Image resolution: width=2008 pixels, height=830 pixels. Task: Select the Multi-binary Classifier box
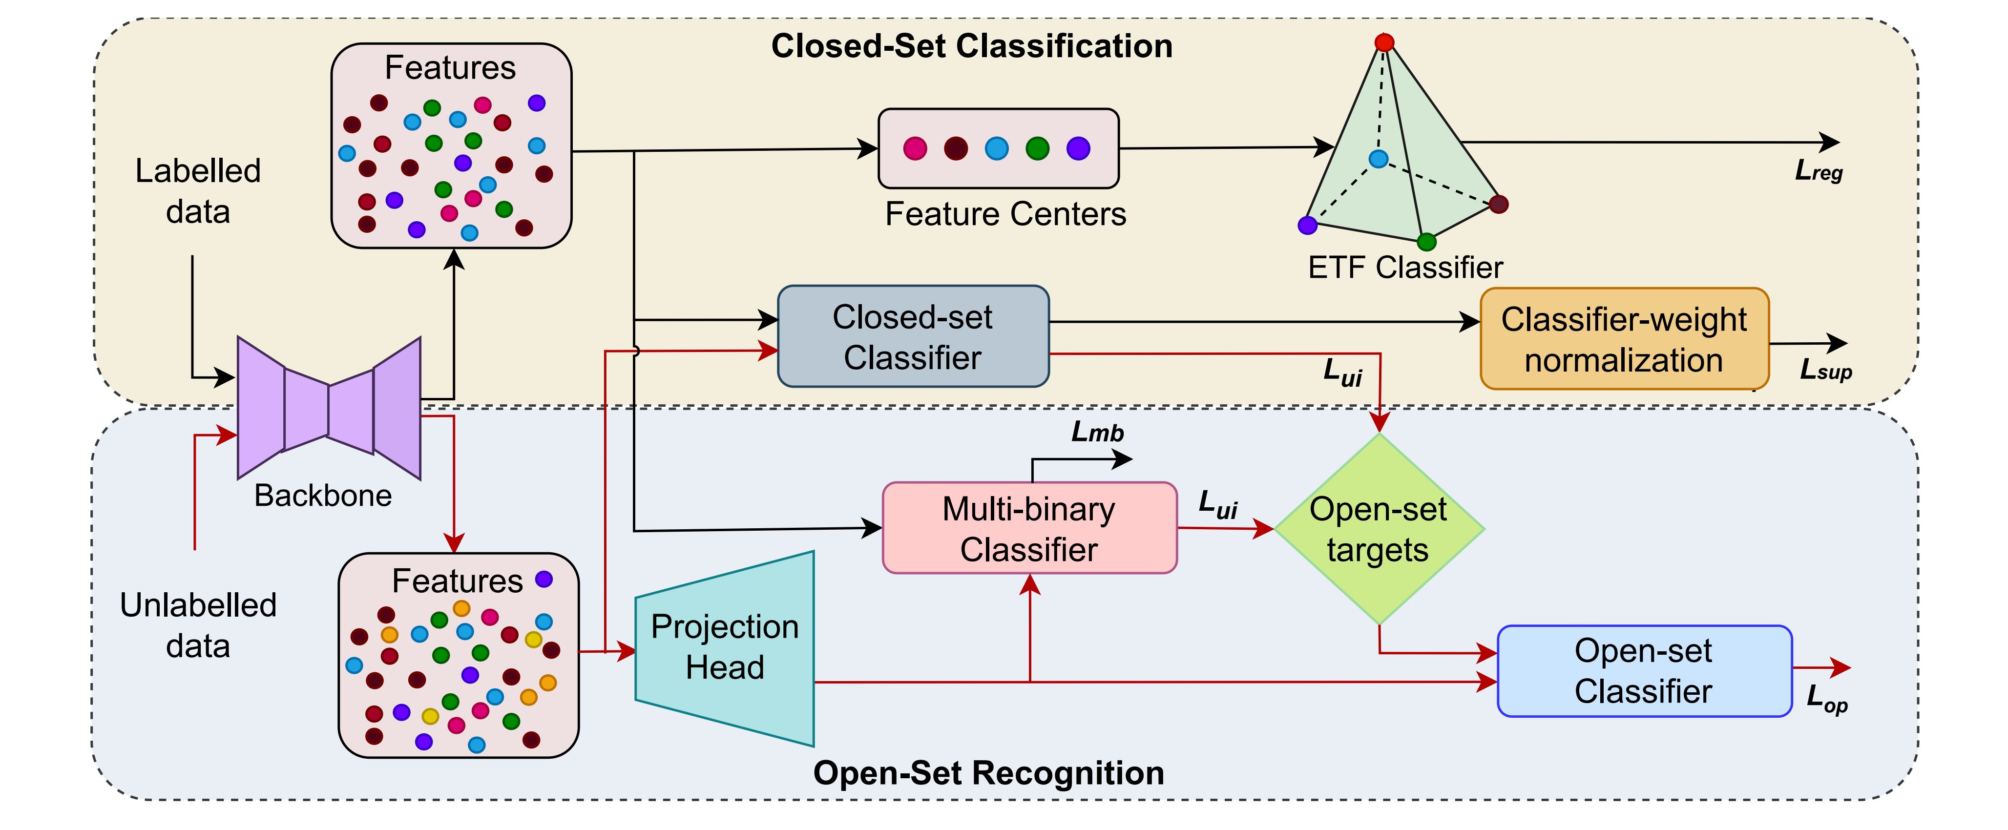(x=1029, y=528)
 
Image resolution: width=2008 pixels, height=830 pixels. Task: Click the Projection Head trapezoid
(x=725, y=647)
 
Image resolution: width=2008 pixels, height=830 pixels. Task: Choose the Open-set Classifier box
(x=1644, y=671)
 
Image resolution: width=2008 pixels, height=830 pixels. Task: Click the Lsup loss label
(x=1825, y=370)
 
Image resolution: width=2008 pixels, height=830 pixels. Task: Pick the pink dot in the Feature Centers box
(x=915, y=148)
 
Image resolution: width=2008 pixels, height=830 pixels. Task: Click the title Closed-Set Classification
(x=971, y=46)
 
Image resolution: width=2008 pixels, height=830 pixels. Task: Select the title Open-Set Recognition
(x=988, y=773)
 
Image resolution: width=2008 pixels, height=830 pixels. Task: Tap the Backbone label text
(x=323, y=496)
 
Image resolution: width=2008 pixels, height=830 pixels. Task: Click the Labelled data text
(x=198, y=191)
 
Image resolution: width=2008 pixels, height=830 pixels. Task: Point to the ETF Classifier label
(x=1404, y=268)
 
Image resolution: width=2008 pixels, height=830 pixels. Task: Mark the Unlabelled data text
(x=198, y=625)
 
